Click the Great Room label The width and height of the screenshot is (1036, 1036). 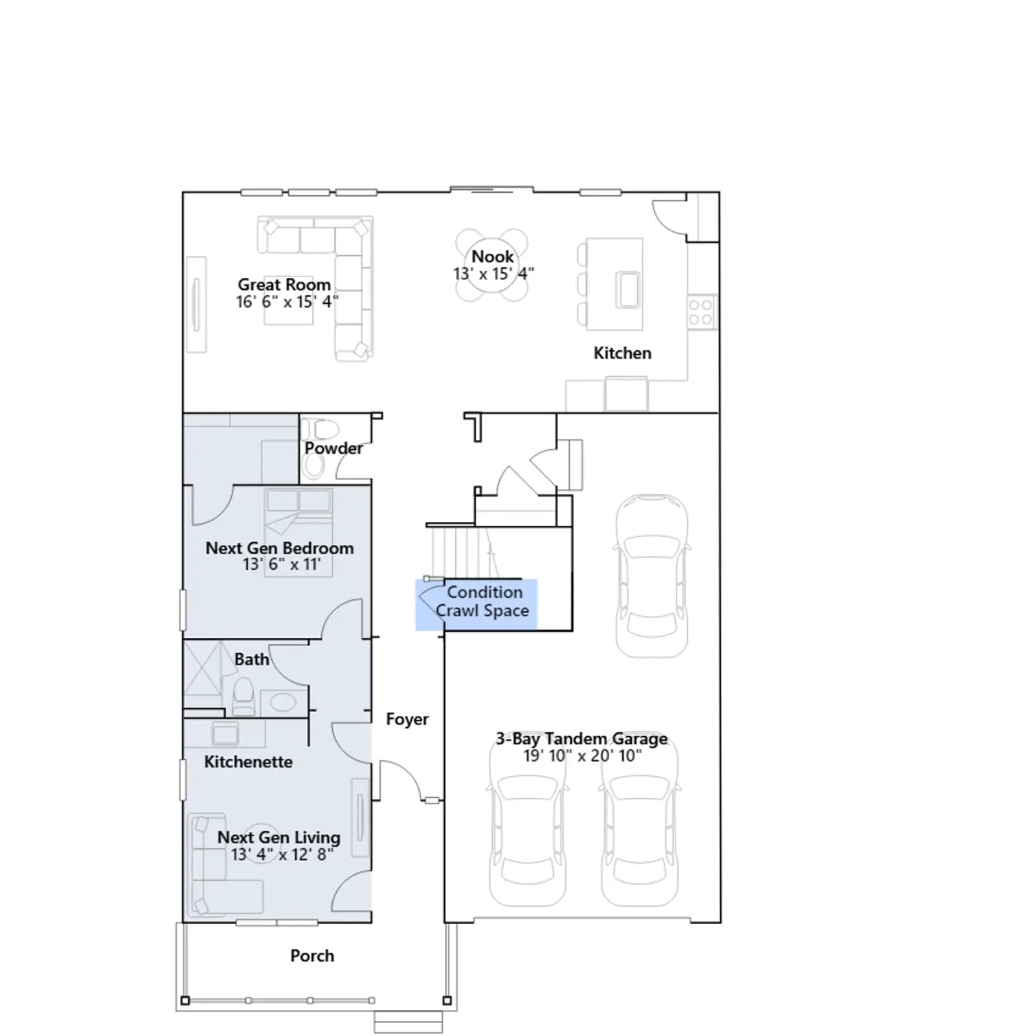click(x=284, y=285)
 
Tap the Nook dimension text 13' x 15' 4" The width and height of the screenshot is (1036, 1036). click(x=493, y=274)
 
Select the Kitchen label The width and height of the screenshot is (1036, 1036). click(x=622, y=353)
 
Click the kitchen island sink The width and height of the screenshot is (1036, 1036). click(x=627, y=289)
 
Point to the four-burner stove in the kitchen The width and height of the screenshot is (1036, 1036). click(x=701, y=311)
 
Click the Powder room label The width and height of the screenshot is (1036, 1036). click(x=333, y=448)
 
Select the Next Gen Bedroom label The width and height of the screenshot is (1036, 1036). click(x=280, y=548)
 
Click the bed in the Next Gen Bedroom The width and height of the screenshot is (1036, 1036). click(x=298, y=531)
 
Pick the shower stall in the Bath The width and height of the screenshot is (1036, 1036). click(x=203, y=676)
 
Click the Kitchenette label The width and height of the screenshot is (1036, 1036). click(x=248, y=761)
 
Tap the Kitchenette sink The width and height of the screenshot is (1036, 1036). click(x=225, y=734)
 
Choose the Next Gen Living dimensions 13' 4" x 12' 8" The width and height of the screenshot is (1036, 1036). click(x=282, y=855)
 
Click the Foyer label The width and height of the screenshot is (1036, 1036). click(x=407, y=719)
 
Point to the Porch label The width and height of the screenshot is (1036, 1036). click(x=312, y=956)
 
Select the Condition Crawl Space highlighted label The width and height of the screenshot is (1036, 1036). click(x=482, y=602)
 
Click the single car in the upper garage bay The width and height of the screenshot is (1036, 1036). click(x=651, y=576)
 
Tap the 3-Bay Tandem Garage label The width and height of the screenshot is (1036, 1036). click(x=581, y=739)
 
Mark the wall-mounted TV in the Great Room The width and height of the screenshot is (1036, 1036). click(x=196, y=305)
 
